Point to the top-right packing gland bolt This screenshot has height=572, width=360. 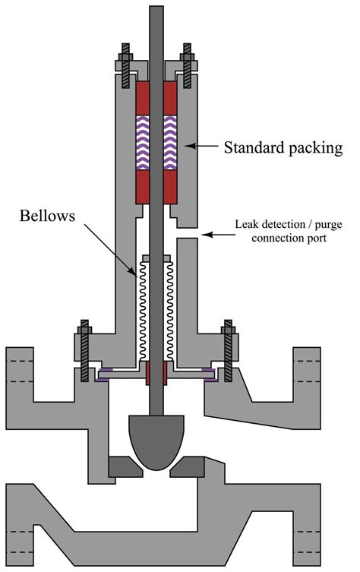(x=187, y=68)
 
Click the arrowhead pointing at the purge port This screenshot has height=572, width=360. (x=204, y=238)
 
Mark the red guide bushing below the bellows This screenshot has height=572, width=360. (x=156, y=374)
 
